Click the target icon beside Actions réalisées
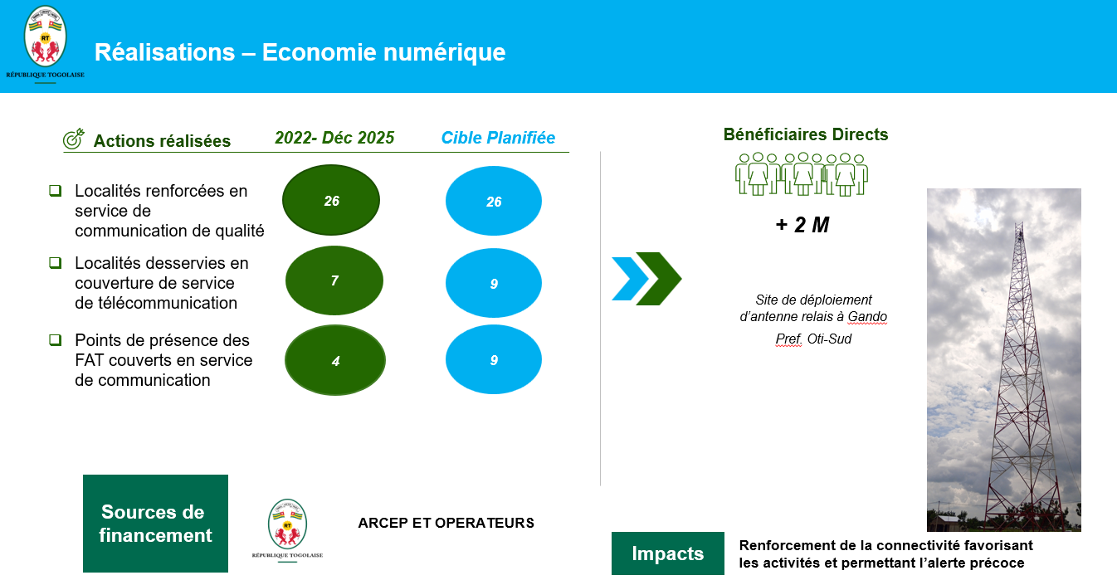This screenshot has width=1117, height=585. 73,139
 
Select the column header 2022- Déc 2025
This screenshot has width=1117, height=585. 334,138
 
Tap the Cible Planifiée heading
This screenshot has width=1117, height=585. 498,138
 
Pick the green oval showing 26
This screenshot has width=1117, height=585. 331,200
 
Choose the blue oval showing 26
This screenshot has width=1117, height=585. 494,201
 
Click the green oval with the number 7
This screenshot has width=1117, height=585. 334,280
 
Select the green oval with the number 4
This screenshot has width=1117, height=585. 335,360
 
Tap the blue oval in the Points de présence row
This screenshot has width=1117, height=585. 494,359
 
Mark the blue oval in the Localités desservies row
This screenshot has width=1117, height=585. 494,283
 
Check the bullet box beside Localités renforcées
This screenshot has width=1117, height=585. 56,191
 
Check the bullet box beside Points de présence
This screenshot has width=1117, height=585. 56,339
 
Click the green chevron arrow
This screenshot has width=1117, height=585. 659,279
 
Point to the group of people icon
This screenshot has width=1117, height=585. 802,174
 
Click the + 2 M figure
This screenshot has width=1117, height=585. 802,225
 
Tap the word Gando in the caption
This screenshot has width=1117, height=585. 867,317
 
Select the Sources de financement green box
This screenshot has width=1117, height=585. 155,524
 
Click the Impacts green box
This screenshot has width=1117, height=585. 668,553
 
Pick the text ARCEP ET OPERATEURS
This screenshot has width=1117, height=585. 446,523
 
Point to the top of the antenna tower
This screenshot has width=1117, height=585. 1020,223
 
